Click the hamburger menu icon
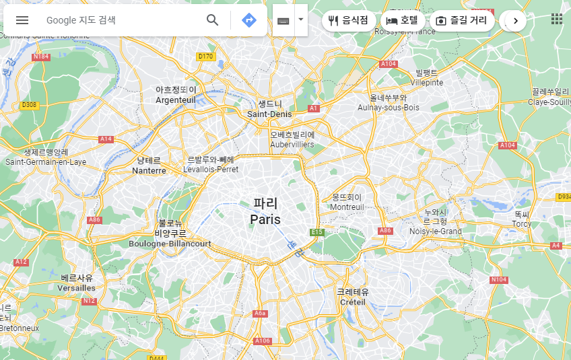[x=22, y=20]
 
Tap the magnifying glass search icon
[x=213, y=20]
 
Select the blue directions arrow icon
[x=249, y=20]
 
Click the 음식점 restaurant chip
[x=348, y=20]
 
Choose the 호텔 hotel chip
[x=402, y=20]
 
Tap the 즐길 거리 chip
[x=461, y=20]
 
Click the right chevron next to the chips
[x=516, y=21]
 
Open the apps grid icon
[x=557, y=19]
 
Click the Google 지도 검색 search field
[x=121, y=20]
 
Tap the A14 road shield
[x=106, y=139]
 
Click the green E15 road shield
[x=316, y=232]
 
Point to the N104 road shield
[x=499, y=279]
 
